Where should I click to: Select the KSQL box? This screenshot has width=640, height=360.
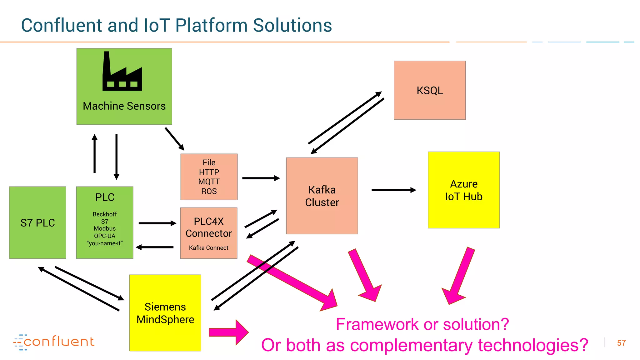coord(429,90)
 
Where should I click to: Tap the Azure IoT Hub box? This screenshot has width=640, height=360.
coord(463,190)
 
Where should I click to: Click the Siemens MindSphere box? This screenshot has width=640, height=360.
coord(165,313)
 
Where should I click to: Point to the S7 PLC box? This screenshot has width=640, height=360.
coord(37,222)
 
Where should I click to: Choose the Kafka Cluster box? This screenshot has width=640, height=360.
coord(322,196)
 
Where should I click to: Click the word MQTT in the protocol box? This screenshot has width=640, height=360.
coord(209,182)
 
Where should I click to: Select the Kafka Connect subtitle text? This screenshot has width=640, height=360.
coord(208,248)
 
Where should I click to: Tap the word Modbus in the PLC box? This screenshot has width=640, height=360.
coord(105,228)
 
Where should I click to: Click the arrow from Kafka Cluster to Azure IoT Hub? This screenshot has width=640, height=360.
coord(393,190)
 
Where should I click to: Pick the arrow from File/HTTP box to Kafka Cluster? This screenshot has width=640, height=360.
coord(261,178)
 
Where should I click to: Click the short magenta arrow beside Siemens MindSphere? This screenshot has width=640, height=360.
coord(228,332)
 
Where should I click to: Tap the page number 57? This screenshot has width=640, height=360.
coord(621,343)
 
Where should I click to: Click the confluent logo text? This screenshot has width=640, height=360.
coord(59,342)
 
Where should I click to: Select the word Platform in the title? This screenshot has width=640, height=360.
coord(211,25)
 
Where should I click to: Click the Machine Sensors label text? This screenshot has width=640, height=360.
coord(124,106)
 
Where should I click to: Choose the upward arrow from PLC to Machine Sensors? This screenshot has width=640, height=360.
coord(94,153)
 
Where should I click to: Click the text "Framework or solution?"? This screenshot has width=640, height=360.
coord(422,324)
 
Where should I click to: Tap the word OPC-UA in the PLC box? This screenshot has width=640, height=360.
coord(105,236)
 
